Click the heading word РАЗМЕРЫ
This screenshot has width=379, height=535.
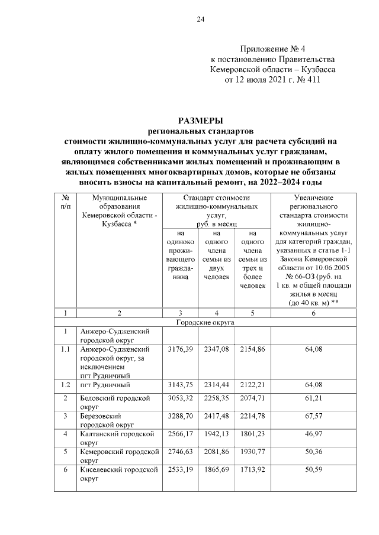tap(200, 121)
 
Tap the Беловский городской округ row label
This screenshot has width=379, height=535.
tap(118, 402)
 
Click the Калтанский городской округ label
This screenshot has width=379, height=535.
tap(119, 437)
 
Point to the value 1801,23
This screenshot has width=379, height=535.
tap(252, 434)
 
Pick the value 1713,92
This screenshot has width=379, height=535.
tap(252, 469)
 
